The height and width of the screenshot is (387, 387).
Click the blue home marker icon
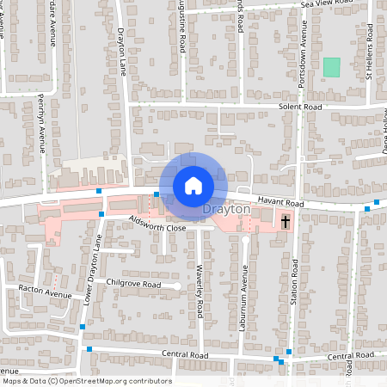(x=193, y=186)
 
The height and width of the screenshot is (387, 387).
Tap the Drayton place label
(x=226, y=209)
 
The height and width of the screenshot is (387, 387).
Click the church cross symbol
(x=286, y=222)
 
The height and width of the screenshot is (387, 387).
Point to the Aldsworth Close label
(x=157, y=226)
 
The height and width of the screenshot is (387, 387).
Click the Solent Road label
(x=299, y=107)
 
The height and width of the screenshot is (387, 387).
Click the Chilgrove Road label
(x=134, y=283)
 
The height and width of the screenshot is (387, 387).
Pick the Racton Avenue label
(x=46, y=294)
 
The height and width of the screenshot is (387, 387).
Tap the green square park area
(x=331, y=66)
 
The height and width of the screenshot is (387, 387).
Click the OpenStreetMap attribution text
(x=86, y=381)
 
